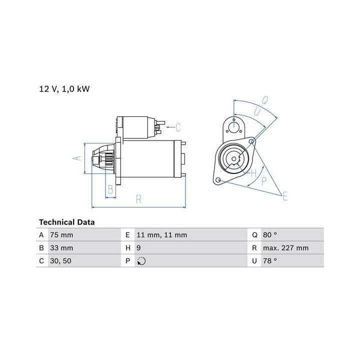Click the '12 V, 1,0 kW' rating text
tap(64, 89)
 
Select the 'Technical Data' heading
tap(67, 222)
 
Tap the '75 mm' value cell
tap(61, 235)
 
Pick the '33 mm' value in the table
tap(61, 248)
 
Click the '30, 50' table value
tap(60, 261)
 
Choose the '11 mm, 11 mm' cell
tap(162, 235)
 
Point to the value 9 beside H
tap(138, 248)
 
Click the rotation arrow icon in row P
tap(141, 261)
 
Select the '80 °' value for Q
tap(270, 235)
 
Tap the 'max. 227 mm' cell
tap(286, 248)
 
